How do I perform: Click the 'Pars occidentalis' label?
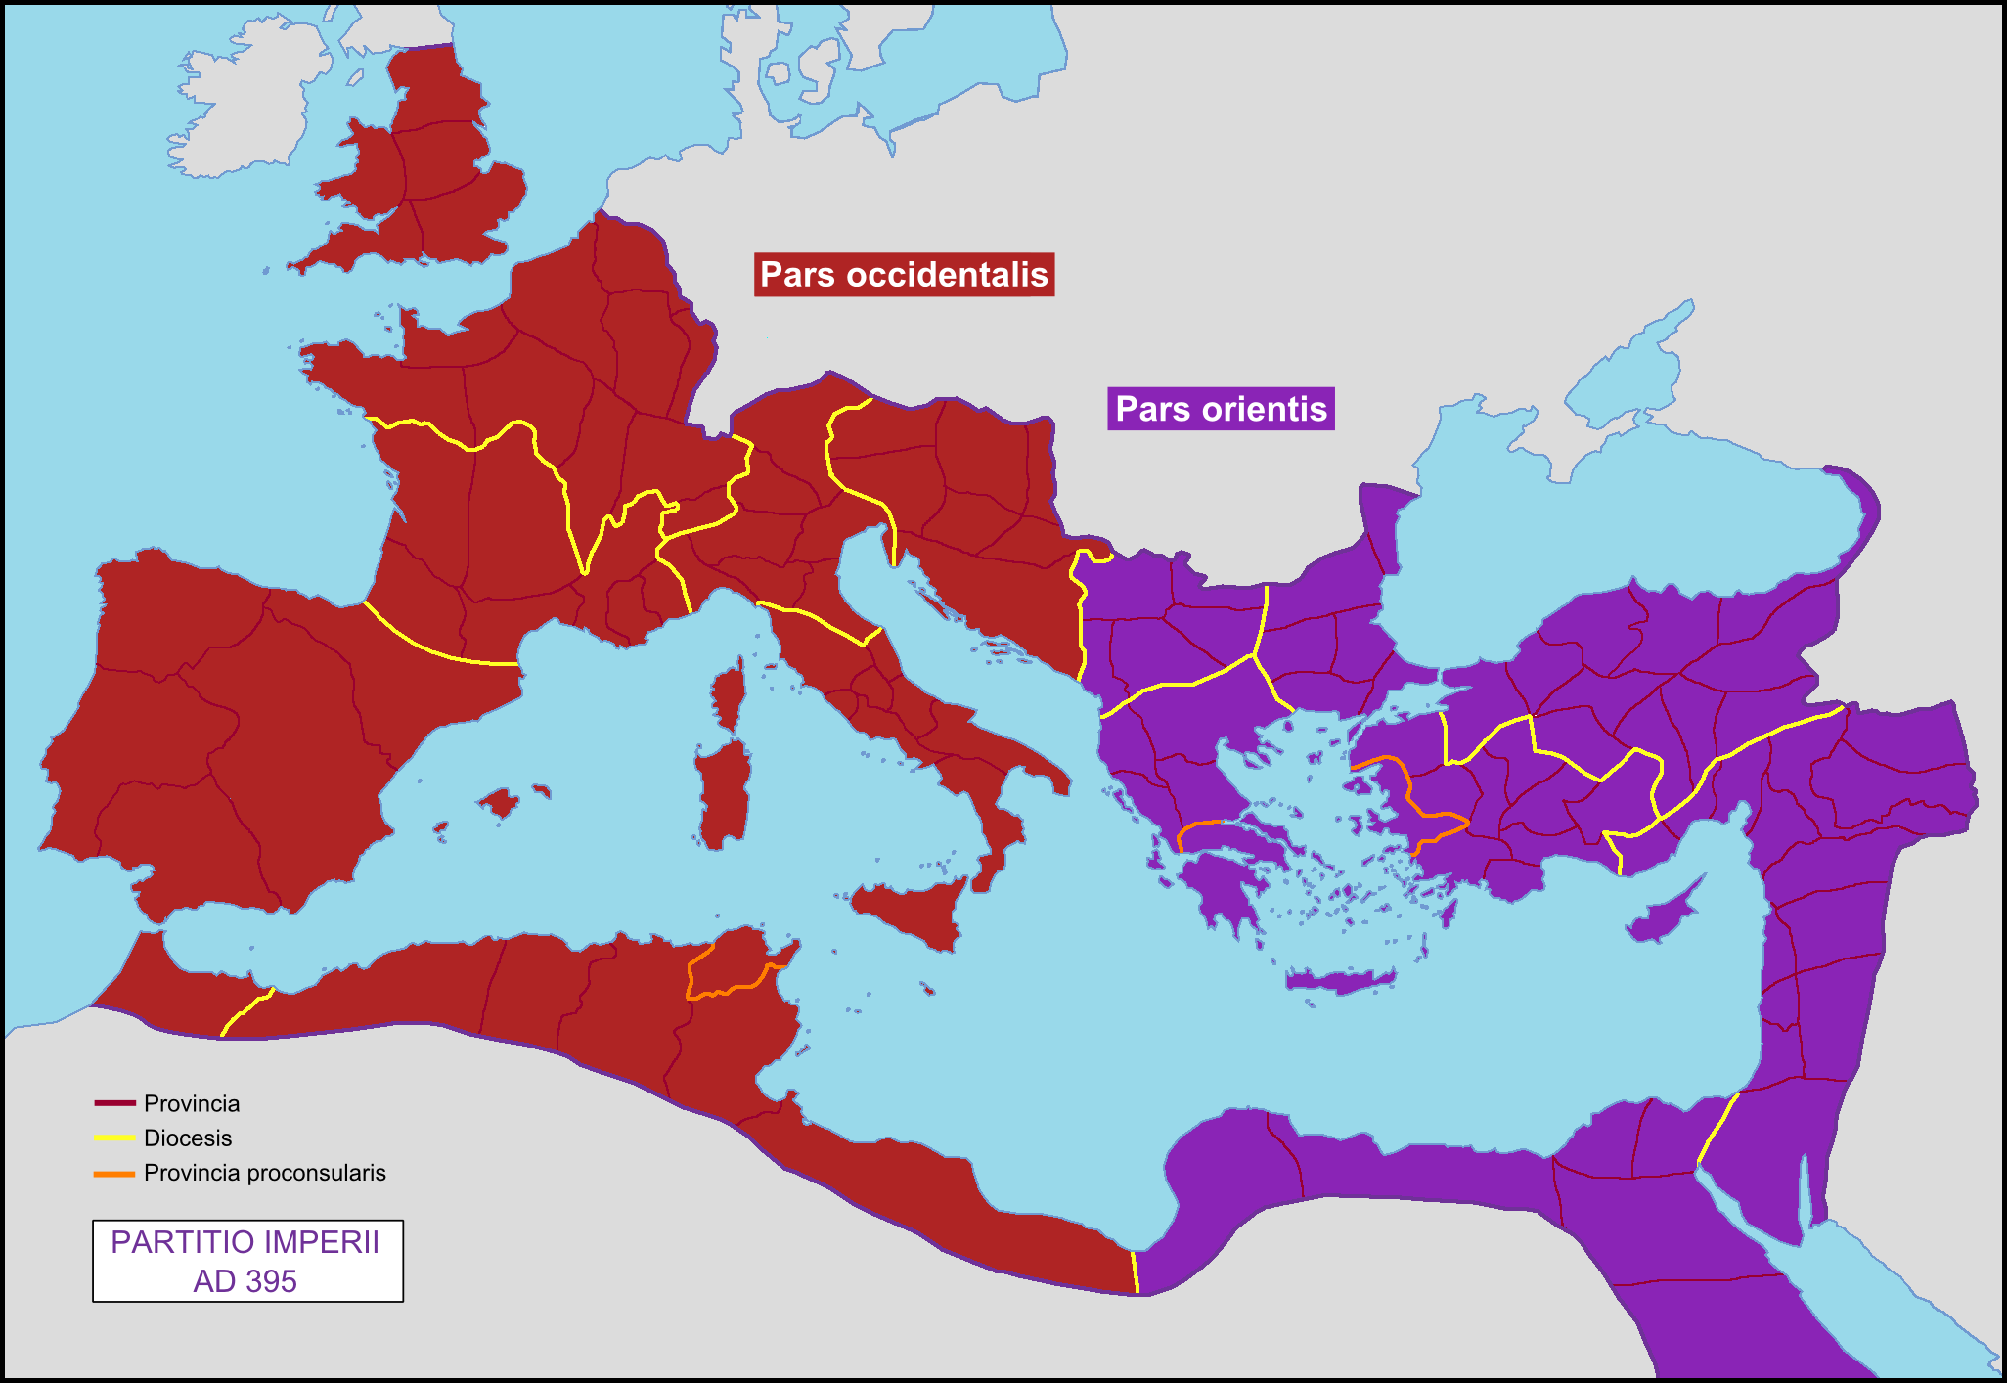(x=904, y=275)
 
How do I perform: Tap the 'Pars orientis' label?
(x=1221, y=409)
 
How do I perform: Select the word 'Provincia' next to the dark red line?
(x=192, y=1103)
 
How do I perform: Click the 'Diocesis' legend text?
(x=188, y=1138)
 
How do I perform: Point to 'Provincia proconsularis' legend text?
(x=264, y=1173)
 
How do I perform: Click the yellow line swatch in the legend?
(x=114, y=1138)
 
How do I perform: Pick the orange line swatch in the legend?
(x=114, y=1173)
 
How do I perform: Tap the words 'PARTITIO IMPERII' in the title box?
(x=245, y=1242)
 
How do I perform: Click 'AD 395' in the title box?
(x=245, y=1281)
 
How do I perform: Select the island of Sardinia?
(x=725, y=792)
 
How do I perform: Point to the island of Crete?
(x=1340, y=980)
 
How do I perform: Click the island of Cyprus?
(x=1663, y=919)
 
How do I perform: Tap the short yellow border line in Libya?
(x=1136, y=1271)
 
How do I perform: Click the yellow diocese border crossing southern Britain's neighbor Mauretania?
(x=245, y=1011)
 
